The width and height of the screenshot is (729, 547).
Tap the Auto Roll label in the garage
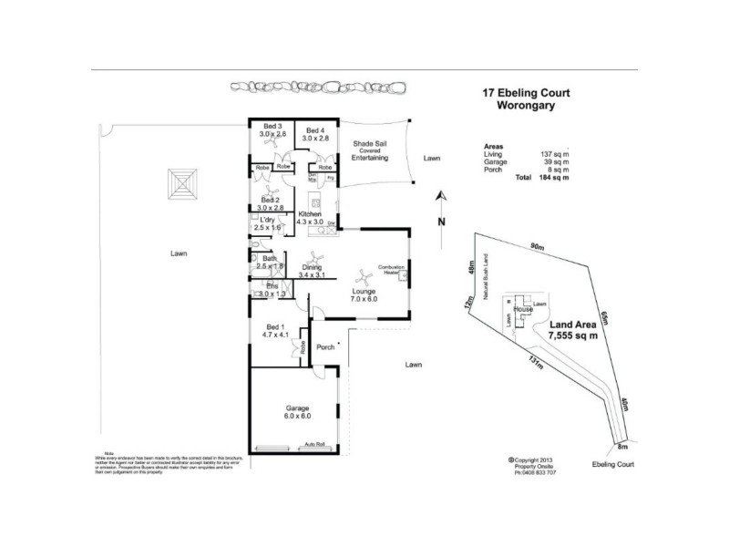314,445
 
